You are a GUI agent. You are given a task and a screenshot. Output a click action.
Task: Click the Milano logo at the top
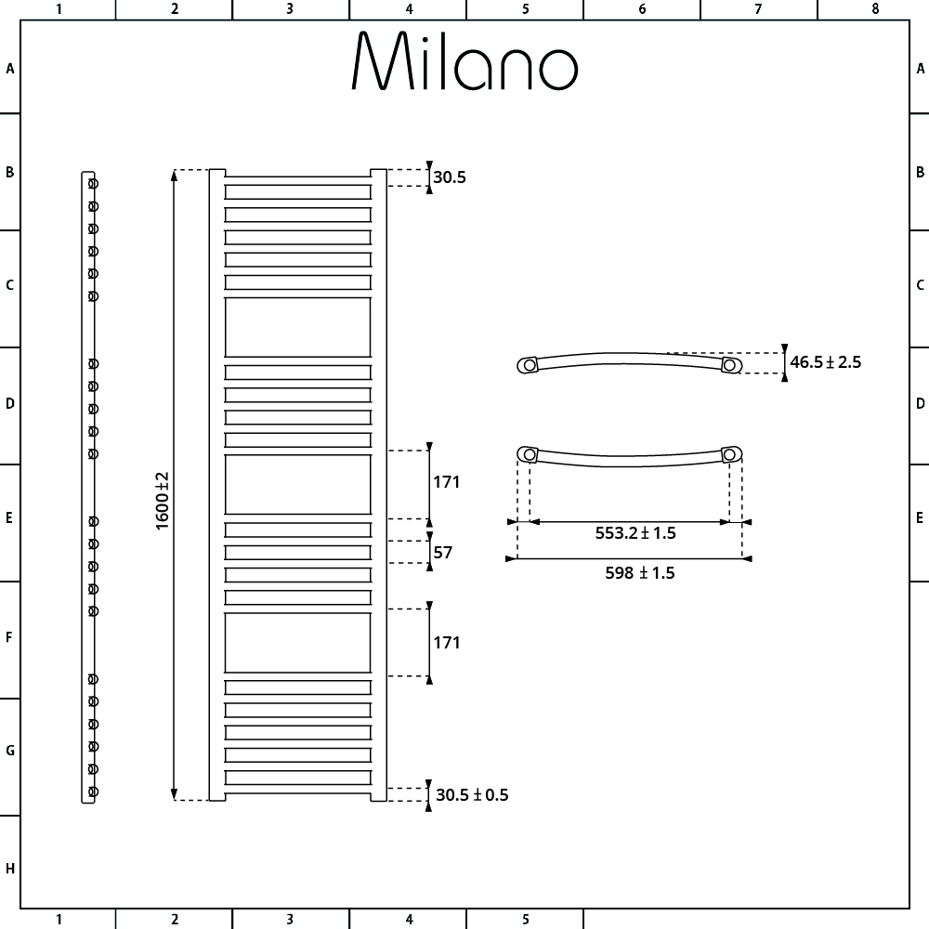(464, 61)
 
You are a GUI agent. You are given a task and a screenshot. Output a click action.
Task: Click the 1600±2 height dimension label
(162, 501)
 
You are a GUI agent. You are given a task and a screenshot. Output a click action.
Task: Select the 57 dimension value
(442, 552)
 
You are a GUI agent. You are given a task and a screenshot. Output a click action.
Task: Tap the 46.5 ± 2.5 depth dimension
(825, 362)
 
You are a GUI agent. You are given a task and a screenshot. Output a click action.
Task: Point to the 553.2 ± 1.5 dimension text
(635, 533)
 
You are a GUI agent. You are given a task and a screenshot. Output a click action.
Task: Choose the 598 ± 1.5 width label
(640, 573)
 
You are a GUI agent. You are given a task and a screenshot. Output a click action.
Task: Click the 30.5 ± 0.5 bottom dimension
(472, 794)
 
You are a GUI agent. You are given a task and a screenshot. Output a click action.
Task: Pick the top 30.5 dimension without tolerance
(449, 177)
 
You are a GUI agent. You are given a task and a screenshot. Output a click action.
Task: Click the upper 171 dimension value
(446, 482)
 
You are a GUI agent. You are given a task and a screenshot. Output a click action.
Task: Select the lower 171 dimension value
(446, 643)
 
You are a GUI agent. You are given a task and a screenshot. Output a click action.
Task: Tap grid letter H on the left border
(9, 869)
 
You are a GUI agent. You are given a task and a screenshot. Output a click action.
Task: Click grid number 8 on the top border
(875, 9)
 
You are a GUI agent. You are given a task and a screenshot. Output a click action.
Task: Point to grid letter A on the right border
(920, 69)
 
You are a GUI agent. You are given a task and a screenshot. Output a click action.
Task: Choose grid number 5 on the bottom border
(526, 920)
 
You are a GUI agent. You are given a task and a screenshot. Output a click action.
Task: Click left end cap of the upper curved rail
(528, 365)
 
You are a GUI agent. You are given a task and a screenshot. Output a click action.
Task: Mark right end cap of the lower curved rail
(732, 454)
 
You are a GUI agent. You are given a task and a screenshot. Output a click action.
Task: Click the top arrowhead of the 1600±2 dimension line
(175, 175)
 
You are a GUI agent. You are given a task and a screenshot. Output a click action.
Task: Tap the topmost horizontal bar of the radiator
(297, 192)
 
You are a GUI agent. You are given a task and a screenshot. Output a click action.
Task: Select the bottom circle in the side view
(93, 792)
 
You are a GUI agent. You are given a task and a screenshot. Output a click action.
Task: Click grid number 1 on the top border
(59, 9)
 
